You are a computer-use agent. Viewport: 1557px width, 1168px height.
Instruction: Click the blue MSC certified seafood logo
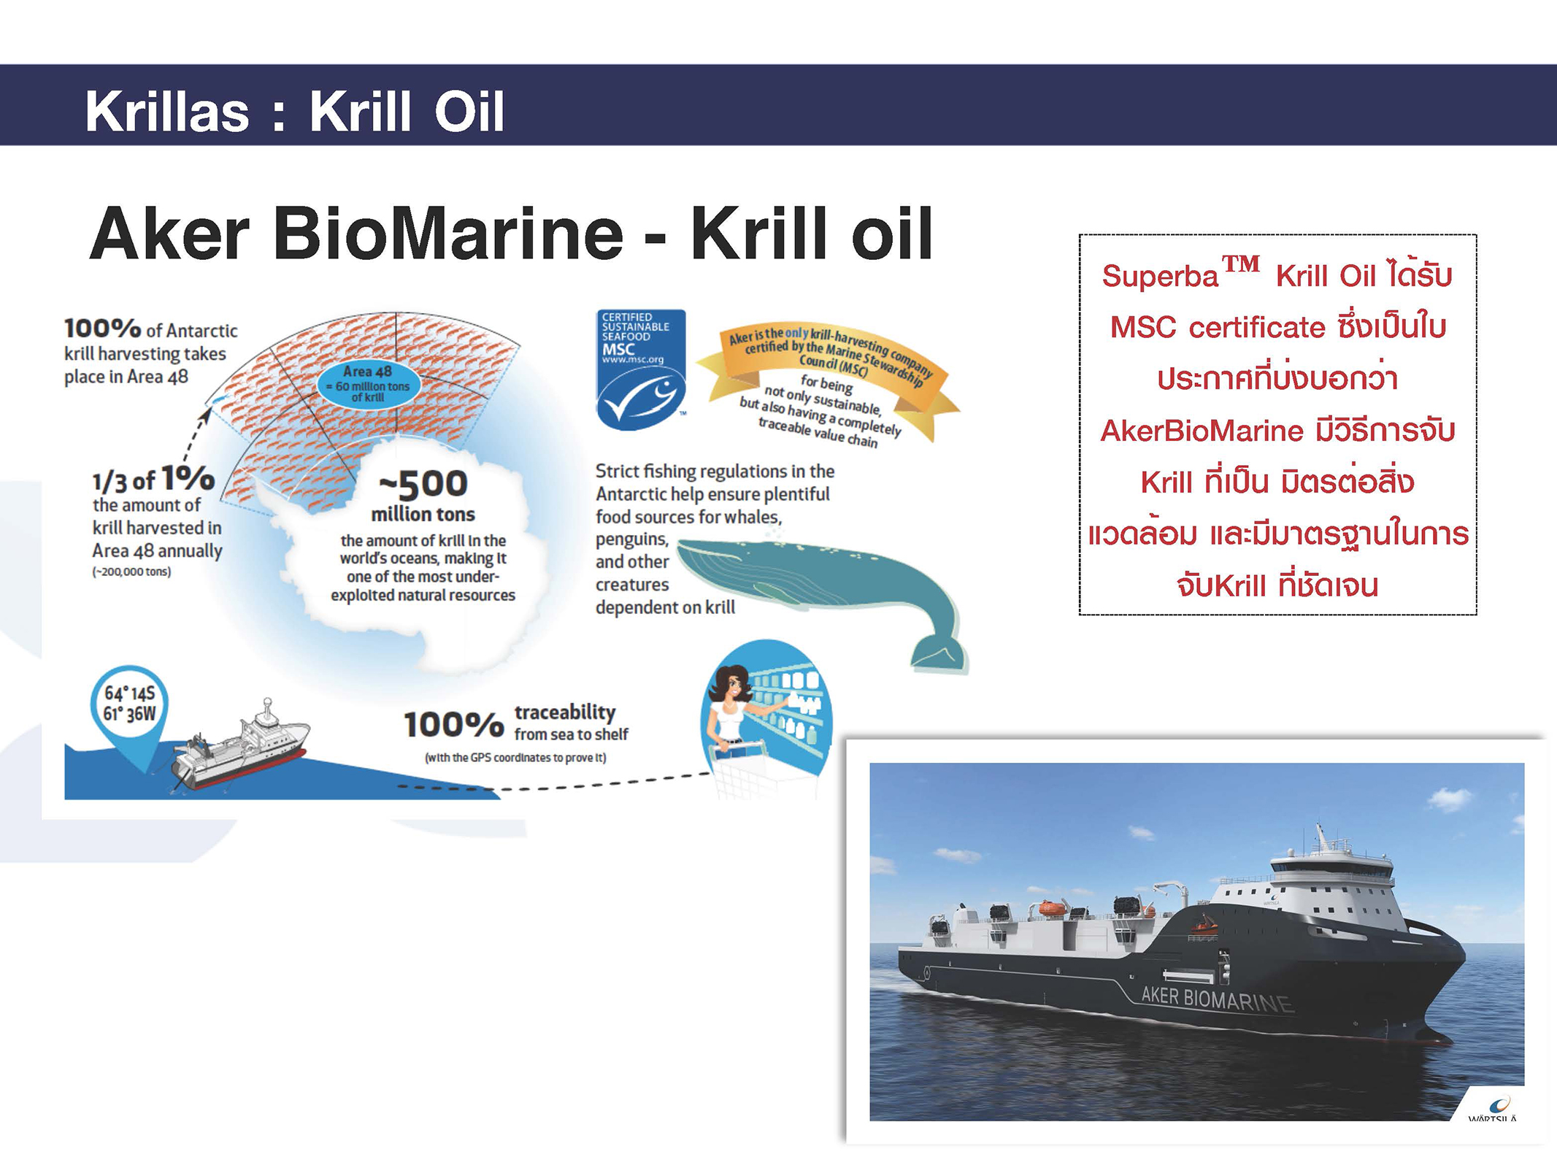point(641,369)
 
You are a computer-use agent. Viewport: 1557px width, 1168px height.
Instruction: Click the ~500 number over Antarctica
point(423,483)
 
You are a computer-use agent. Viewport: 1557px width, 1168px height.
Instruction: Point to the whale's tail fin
point(938,650)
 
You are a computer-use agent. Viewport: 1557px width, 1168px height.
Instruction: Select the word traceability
point(565,712)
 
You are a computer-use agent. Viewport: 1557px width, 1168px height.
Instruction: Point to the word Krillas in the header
point(167,112)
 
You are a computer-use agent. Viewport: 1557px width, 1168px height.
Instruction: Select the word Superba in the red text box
point(1160,277)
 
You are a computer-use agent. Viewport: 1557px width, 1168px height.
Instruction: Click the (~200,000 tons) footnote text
point(131,572)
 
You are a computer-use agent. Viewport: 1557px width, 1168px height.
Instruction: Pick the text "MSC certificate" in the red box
point(1218,328)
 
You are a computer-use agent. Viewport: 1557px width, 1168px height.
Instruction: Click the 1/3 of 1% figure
point(153,480)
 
